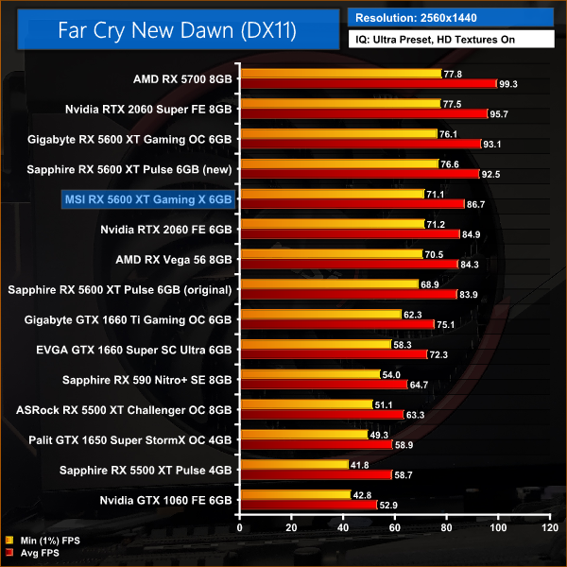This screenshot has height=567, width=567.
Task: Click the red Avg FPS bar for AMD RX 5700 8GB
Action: [369, 84]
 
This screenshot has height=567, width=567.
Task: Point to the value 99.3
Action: [508, 84]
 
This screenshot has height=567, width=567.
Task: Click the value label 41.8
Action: [360, 465]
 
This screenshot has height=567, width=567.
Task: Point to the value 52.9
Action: [388, 506]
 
